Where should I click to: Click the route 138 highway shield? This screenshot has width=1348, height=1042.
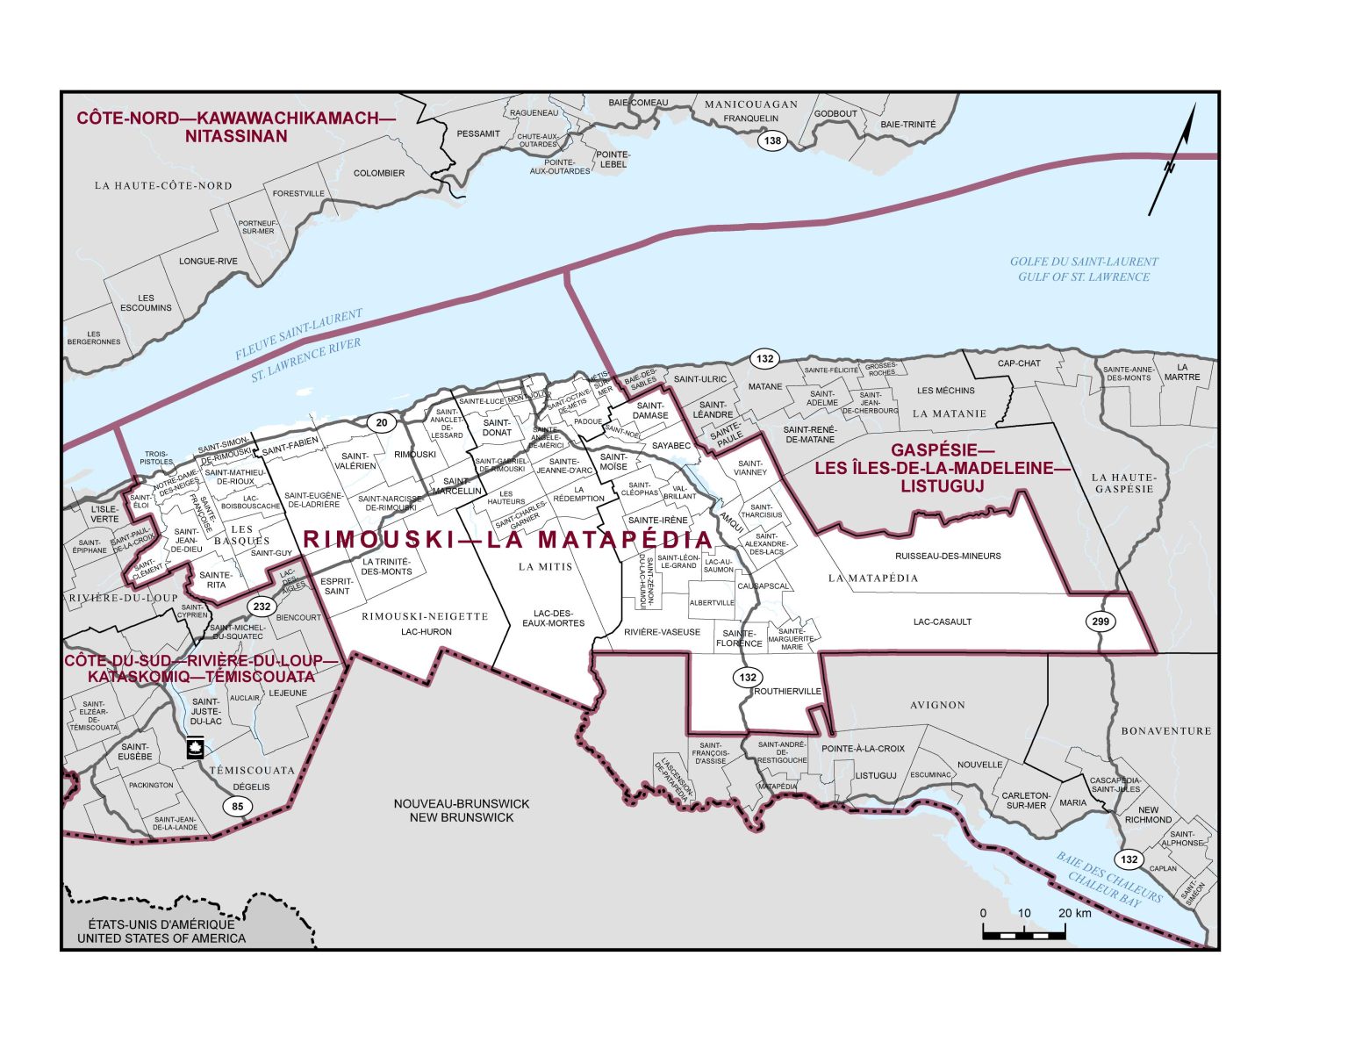(x=772, y=141)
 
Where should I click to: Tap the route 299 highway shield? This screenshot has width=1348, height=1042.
(x=1101, y=622)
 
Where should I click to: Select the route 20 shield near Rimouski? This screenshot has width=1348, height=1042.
(x=381, y=423)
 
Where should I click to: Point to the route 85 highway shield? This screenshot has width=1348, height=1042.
(x=237, y=807)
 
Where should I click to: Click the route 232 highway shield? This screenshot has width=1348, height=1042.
(x=261, y=607)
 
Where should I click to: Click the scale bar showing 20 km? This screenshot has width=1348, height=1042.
(x=1023, y=931)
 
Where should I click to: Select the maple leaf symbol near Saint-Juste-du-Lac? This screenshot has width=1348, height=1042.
(x=194, y=748)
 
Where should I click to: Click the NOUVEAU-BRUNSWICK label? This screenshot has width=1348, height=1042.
(x=462, y=810)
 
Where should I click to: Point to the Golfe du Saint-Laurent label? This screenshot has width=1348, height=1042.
(x=1083, y=269)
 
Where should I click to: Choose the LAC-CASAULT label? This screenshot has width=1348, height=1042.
(x=942, y=622)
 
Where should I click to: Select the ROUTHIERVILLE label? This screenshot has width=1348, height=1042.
(x=787, y=691)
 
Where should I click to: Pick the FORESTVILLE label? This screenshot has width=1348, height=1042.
(x=298, y=193)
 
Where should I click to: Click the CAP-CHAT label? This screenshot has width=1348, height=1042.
(x=1018, y=363)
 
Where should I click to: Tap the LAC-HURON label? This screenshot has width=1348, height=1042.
(x=426, y=632)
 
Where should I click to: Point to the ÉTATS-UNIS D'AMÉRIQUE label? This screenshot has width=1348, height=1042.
(x=161, y=931)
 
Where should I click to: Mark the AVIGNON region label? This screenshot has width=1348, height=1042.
(x=937, y=705)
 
